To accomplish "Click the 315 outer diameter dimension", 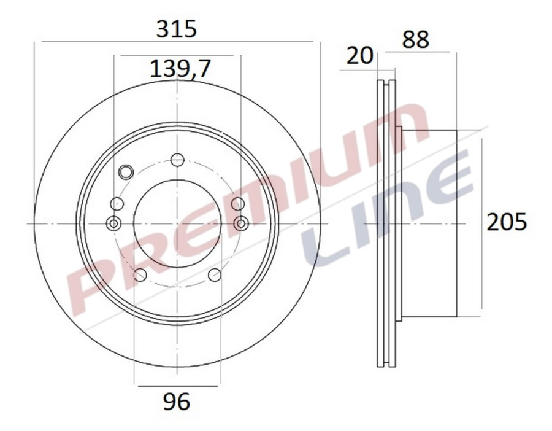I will point(177,29).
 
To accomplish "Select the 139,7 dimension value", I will point(180,69).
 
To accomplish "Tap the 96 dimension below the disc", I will point(177,402).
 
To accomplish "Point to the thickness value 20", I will point(360,56).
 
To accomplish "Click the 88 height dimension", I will point(416,40).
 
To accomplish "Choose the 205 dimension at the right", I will point(507,222).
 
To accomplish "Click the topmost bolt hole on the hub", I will point(177,160).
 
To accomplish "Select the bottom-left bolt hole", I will point(140,274).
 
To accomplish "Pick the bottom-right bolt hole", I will point(215,274).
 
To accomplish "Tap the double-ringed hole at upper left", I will point(126,172).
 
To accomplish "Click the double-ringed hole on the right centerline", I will point(241,223).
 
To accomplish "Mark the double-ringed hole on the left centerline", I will point(113,223).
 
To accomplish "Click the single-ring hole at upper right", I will point(237,204).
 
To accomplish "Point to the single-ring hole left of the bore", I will point(117,204).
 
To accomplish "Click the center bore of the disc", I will point(177,223).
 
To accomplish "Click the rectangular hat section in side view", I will point(429,223).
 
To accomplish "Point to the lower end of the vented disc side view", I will point(386,362).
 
